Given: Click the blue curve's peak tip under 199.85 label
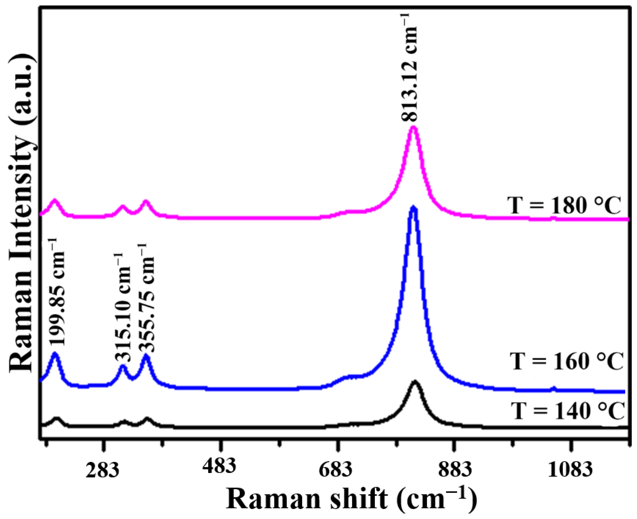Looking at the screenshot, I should (x=55, y=354).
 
